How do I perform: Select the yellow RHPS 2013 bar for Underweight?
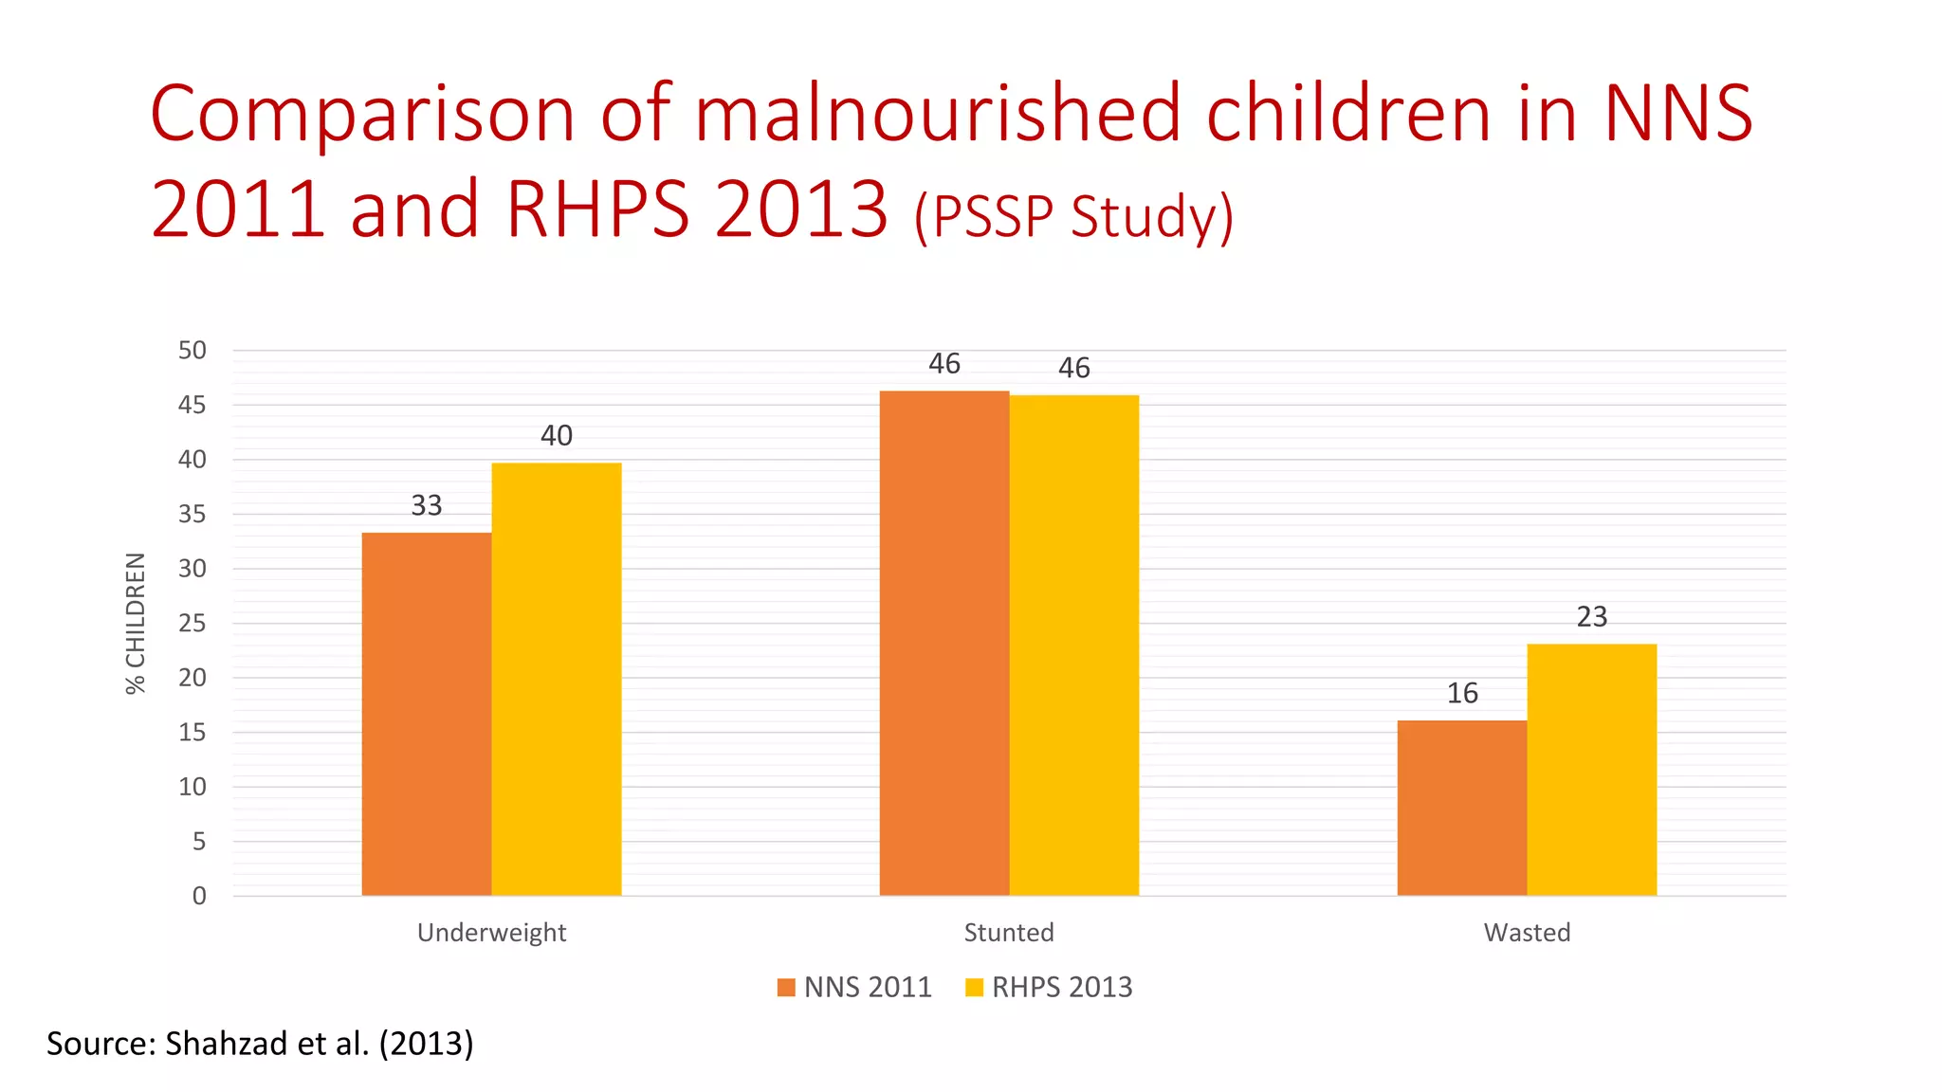(557, 679)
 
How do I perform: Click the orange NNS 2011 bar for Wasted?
(1462, 808)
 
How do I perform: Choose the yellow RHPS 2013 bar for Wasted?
(1592, 770)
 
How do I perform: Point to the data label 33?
(427, 505)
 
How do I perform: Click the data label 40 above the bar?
(557, 435)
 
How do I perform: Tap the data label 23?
(1592, 617)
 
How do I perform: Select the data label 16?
(1462, 693)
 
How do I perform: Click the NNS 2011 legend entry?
(855, 987)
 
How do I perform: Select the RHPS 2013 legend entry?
(1050, 987)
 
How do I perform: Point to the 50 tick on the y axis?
(192, 351)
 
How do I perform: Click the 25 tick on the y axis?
(192, 623)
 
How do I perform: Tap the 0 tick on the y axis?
(199, 896)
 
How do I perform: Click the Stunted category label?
(1009, 933)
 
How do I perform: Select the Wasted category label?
(1527, 933)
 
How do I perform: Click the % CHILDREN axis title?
(137, 623)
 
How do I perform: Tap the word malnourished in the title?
(939, 114)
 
